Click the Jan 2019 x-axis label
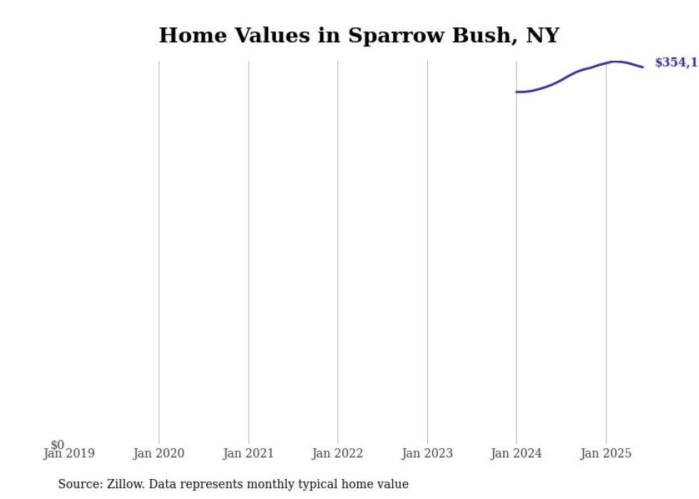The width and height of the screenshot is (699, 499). (69, 454)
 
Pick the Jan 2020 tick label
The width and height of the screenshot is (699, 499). (158, 454)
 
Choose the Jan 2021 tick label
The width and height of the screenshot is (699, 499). (248, 454)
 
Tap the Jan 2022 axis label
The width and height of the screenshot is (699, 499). (337, 454)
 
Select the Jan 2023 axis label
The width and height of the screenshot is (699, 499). (427, 454)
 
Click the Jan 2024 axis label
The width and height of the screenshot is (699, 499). (516, 454)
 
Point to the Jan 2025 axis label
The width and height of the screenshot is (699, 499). (606, 454)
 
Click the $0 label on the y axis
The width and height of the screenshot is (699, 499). (57, 445)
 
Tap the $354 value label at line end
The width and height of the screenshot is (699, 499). (675, 63)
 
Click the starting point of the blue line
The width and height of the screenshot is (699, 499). (516, 91)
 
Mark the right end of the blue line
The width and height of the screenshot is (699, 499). (643, 67)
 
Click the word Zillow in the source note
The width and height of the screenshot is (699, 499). (125, 484)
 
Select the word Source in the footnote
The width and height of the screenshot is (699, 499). (79, 484)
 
